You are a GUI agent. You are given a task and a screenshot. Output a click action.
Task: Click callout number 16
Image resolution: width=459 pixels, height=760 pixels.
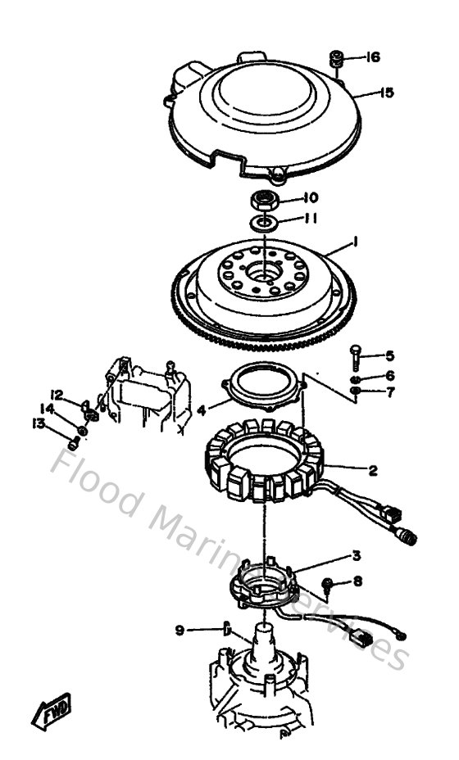pos(373,57)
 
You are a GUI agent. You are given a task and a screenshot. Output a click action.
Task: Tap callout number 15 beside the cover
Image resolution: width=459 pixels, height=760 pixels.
pos(386,93)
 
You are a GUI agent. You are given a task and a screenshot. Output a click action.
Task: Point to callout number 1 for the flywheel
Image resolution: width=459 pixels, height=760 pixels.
pos(356,242)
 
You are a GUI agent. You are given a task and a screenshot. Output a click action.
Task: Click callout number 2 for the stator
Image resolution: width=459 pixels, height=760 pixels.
pos(373,470)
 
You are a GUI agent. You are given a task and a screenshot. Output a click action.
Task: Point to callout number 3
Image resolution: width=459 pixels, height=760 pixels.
pos(356,555)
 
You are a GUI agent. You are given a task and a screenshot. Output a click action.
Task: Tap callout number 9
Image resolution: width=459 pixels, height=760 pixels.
pos(180,629)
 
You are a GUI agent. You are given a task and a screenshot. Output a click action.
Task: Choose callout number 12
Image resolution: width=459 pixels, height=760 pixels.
pos(57,393)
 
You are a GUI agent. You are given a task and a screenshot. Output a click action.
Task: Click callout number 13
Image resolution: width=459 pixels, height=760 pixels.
pos(37,423)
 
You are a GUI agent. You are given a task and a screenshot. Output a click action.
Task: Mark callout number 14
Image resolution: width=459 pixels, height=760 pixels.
pos(48,407)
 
